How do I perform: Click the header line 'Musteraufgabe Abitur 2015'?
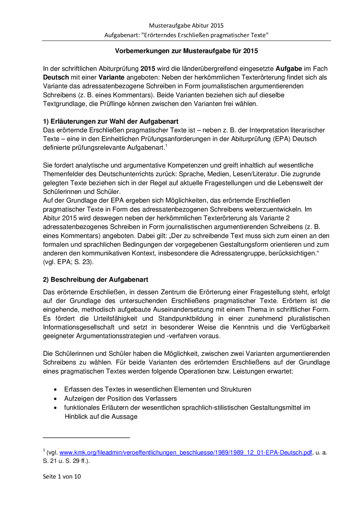[x=186, y=26]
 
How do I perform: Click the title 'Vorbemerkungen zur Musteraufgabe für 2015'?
[x=186, y=51]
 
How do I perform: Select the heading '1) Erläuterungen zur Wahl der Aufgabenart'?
[x=111, y=121]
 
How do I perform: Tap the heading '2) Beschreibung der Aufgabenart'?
[x=96, y=280]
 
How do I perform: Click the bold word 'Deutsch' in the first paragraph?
[x=56, y=77]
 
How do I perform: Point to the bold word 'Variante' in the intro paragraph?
[x=111, y=77]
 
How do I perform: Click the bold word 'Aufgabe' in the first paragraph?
[x=289, y=69]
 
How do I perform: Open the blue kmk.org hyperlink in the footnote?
[x=186, y=453]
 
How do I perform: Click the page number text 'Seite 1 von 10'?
[x=62, y=476]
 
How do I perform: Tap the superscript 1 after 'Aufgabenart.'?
[x=166, y=146]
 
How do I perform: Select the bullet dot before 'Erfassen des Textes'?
[x=55, y=390]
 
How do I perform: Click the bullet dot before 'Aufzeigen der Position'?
[x=55, y=399]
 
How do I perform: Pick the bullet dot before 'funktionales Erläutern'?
[x=55, y=408]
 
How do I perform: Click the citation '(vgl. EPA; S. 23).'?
[x=68, y=262]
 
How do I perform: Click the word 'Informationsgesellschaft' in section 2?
[x=79, y=327]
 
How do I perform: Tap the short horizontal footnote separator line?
[x=86, y=438]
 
